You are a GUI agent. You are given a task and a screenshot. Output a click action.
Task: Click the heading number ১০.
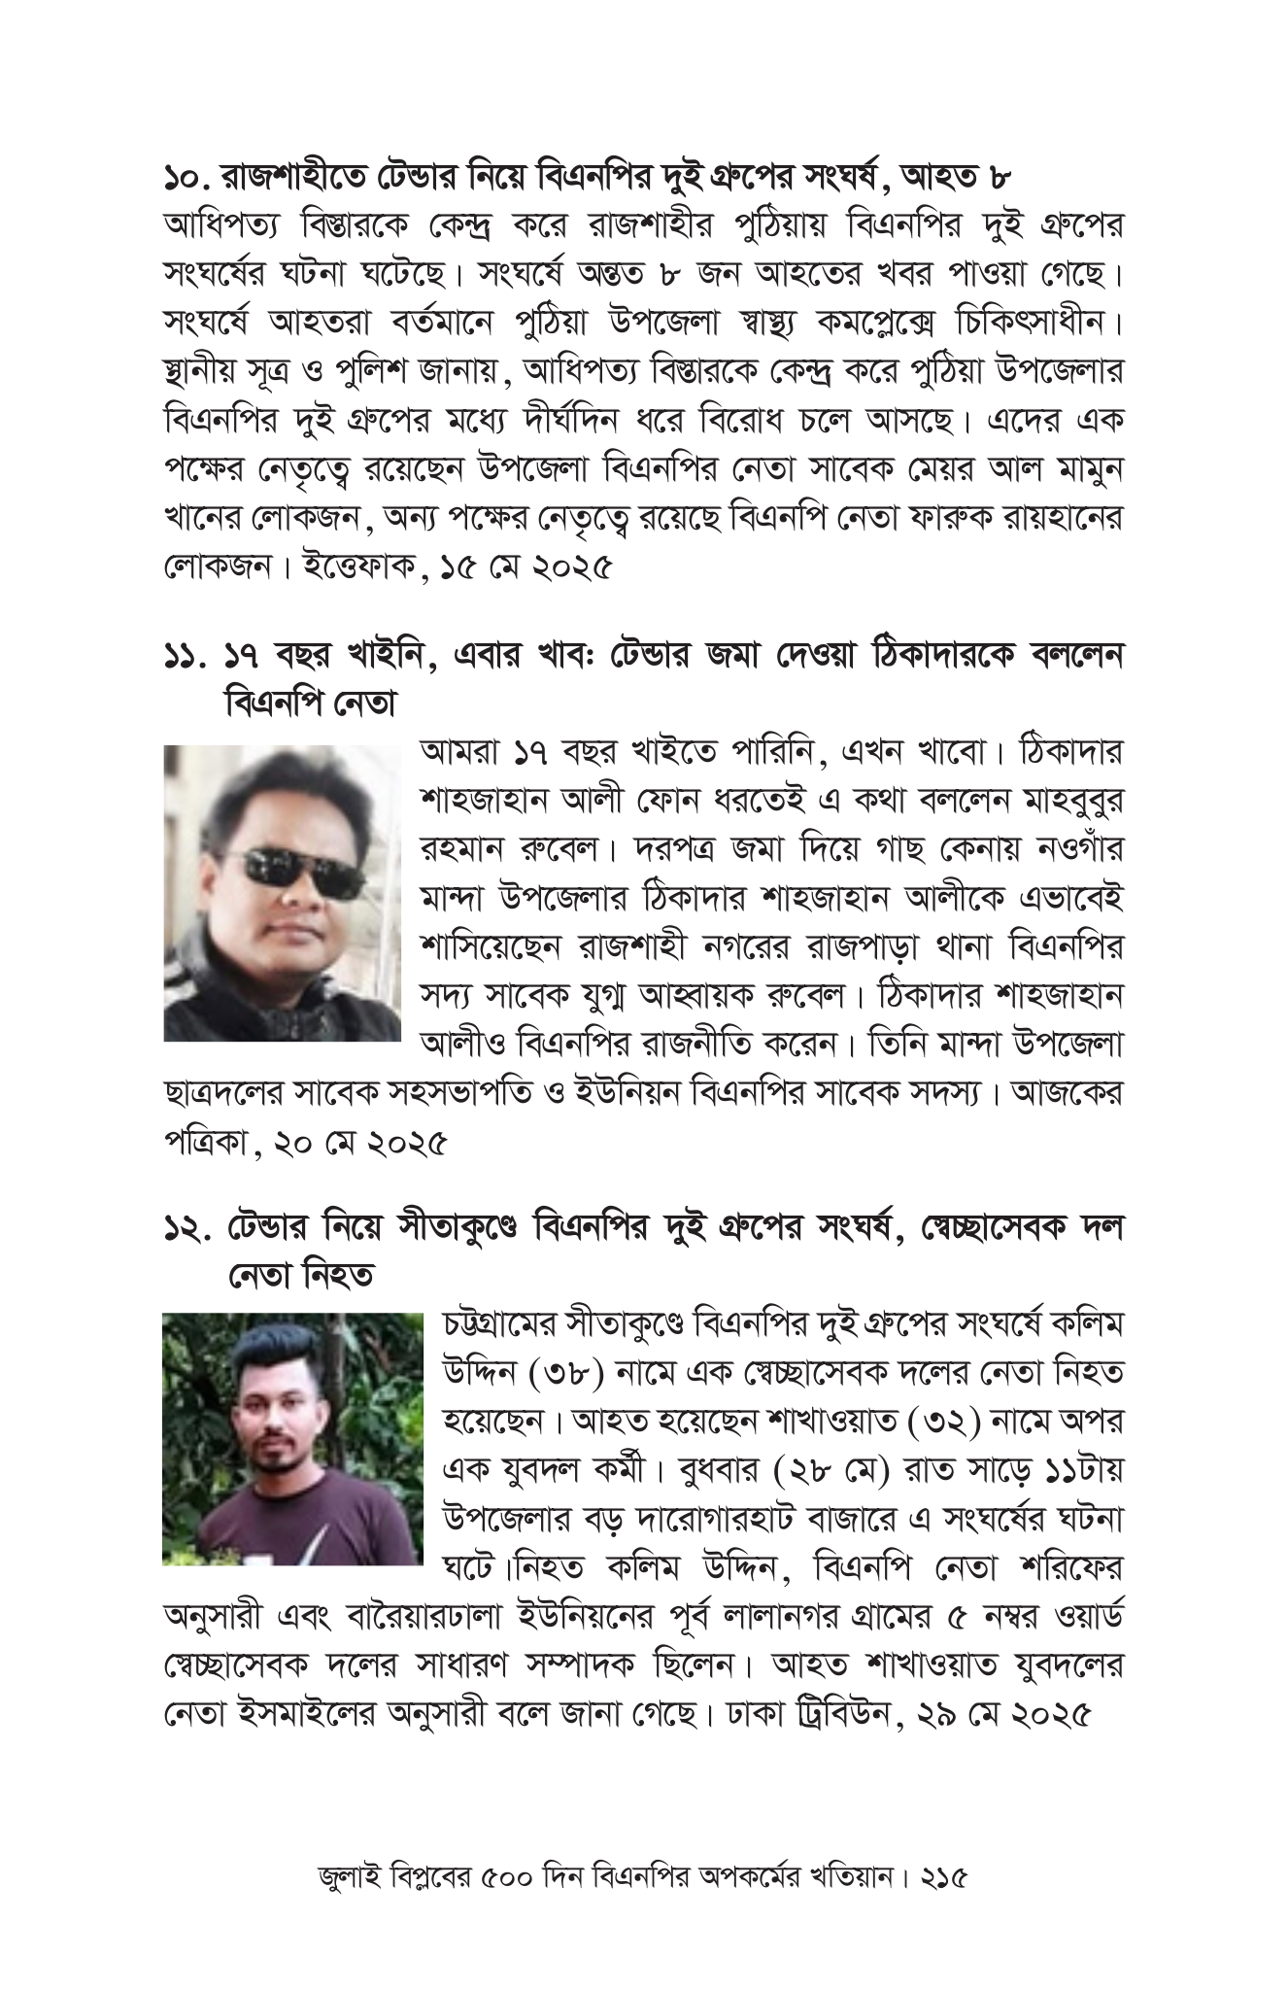click(184, 178)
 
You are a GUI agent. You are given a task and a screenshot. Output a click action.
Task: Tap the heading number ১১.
click(184, 657)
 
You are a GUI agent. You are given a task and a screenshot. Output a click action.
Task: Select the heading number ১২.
click(186, 1228)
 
